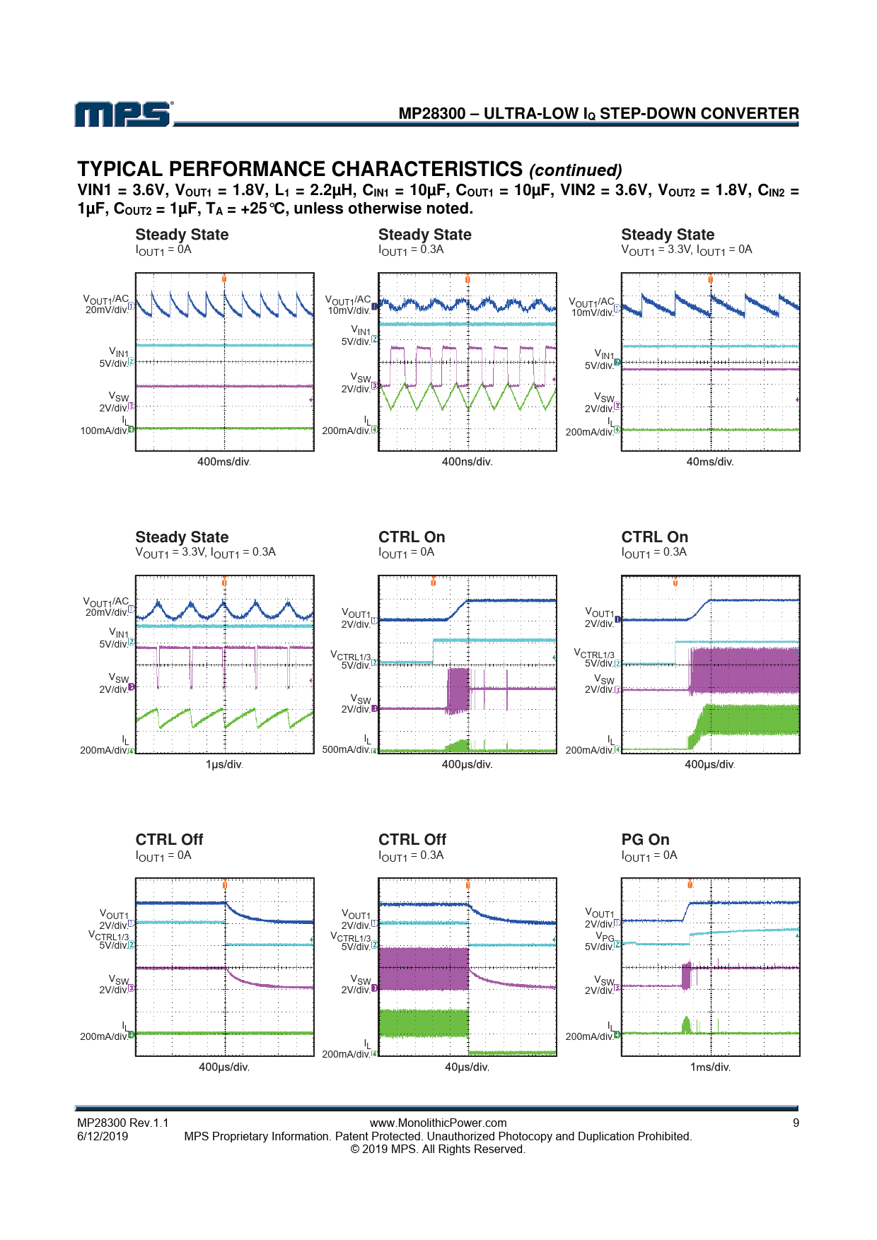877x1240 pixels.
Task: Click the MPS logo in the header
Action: tap(123, 115)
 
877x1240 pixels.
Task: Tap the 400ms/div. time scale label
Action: tap(223, 462)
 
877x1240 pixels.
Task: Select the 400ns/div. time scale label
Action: tap(467, 462)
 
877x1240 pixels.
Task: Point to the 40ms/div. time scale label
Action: tap(710, 462)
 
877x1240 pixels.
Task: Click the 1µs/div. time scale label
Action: tap(223, 764)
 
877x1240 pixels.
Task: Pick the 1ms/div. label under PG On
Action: tap(710, 1067)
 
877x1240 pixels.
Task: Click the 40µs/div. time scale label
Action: tap(467, 1067)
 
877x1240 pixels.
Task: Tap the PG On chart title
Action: tap(645, 839)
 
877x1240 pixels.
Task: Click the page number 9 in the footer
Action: tap(796, 1123)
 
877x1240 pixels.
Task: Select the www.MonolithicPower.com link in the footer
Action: tap(438, 1123)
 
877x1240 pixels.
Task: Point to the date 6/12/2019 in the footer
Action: tap(103, 1136)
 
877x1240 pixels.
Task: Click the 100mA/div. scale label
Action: tap(104, 431)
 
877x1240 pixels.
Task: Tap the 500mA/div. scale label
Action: tap(347, 749)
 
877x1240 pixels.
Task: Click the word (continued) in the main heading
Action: tap(575, 170)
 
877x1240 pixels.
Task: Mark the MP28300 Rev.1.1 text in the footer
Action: tap(123, 1123)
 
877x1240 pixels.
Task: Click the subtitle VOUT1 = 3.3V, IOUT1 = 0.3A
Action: tap(205, 552)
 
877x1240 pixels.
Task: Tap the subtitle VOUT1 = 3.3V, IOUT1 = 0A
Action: tap(686, 250)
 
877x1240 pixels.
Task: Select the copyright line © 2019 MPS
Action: tap(438, 1150)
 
